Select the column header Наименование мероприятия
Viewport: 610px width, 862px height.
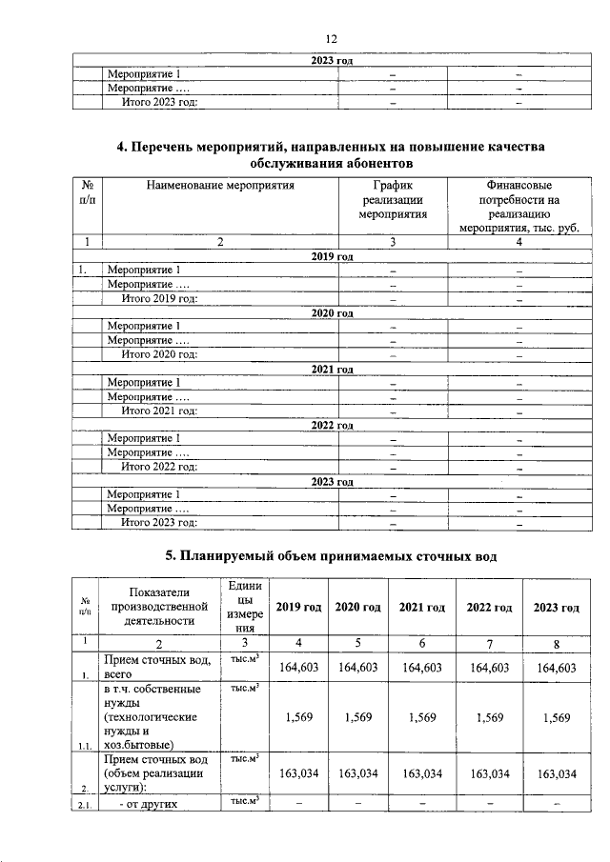(x=219, y=186)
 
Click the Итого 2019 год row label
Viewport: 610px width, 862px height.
(x=159, y=299)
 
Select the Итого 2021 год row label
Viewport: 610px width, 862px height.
(x=159, y=411)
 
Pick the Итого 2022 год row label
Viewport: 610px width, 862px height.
(x=159, y=467)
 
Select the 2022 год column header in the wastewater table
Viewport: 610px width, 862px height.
(x=489, y=608)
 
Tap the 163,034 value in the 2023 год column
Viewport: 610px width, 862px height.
(x=557, y=774)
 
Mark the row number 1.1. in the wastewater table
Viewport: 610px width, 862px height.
(x=86, y=745)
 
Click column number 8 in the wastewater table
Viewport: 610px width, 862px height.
(x=557, y=644)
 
